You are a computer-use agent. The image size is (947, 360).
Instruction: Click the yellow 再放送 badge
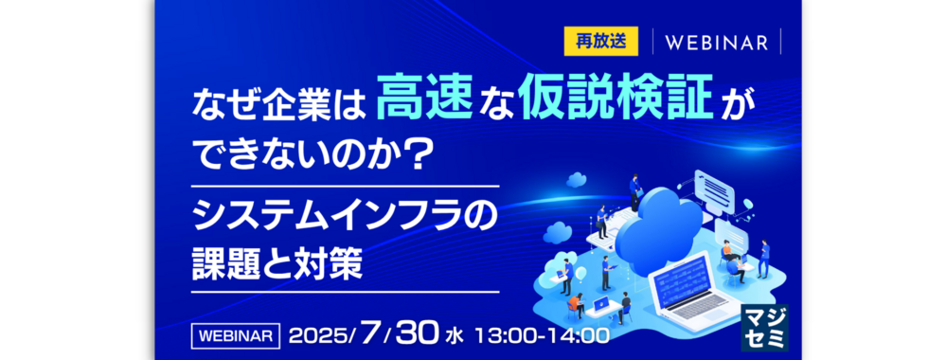593,41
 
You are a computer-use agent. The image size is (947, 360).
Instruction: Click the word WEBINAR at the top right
717,43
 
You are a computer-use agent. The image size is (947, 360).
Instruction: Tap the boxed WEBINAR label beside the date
236,336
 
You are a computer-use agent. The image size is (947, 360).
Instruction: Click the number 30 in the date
416,335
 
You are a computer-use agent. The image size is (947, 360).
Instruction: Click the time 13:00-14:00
542,336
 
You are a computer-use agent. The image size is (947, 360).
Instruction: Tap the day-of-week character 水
453,337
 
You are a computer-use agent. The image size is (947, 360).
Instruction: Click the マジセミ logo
764,327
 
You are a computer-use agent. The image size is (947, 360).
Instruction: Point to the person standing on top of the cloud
634,192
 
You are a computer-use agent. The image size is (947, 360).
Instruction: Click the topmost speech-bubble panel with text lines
714,188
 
